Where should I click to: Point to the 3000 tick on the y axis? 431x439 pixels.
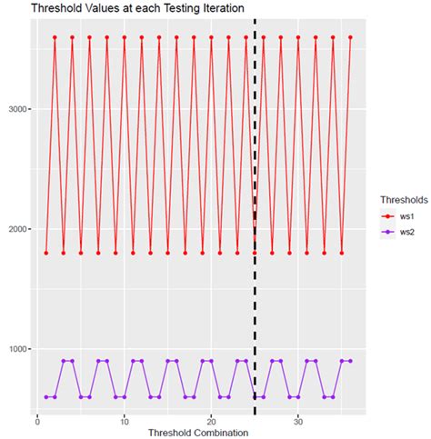coord(20,109)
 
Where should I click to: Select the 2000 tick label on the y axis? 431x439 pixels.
coord(20,229)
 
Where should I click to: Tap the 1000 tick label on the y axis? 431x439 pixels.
coord(20,349)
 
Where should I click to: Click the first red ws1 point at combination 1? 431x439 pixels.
coord(45,253)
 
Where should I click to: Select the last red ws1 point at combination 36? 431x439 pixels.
coord(350,37)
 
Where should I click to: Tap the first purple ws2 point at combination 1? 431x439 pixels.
coord(45,397)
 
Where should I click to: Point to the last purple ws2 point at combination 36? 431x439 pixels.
coord(350,361)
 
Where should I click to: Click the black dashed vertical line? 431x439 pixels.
coord(255,182)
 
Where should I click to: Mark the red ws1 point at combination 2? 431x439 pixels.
coord(55,37)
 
